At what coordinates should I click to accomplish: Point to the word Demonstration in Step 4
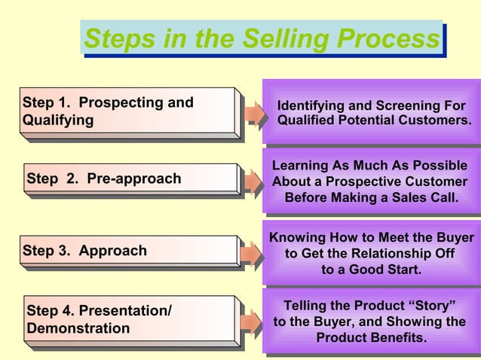[78, 328]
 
